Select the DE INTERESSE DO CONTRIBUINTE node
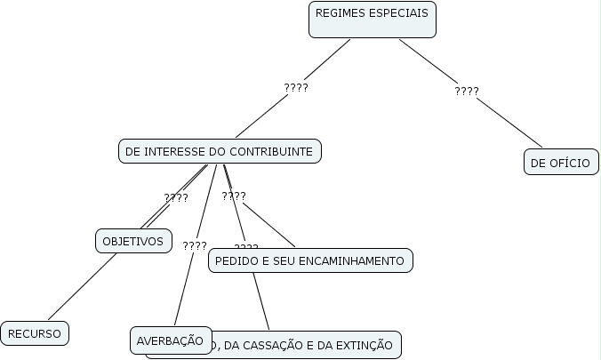219,152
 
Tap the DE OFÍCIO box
560,163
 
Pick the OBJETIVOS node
133,240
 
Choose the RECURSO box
35,333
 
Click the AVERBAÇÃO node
171,340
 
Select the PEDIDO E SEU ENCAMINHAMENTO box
310,260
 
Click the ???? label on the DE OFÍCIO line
467,92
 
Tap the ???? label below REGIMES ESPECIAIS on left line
296,88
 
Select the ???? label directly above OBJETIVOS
176,198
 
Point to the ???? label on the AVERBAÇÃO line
195,246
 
